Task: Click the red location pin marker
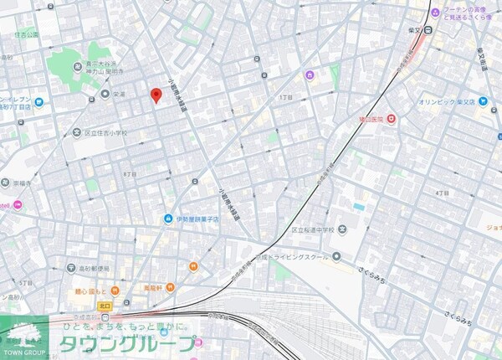click(155, 95)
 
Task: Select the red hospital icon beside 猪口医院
click(391, 120)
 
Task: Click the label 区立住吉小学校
click(106, 132)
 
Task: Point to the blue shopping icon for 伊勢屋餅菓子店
click(168, 219)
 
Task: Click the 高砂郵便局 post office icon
click(72, 268)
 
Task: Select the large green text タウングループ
click(128, 345)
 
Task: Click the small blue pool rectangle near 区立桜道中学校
click(359, 206)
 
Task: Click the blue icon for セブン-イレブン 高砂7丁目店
click(4, 100)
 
